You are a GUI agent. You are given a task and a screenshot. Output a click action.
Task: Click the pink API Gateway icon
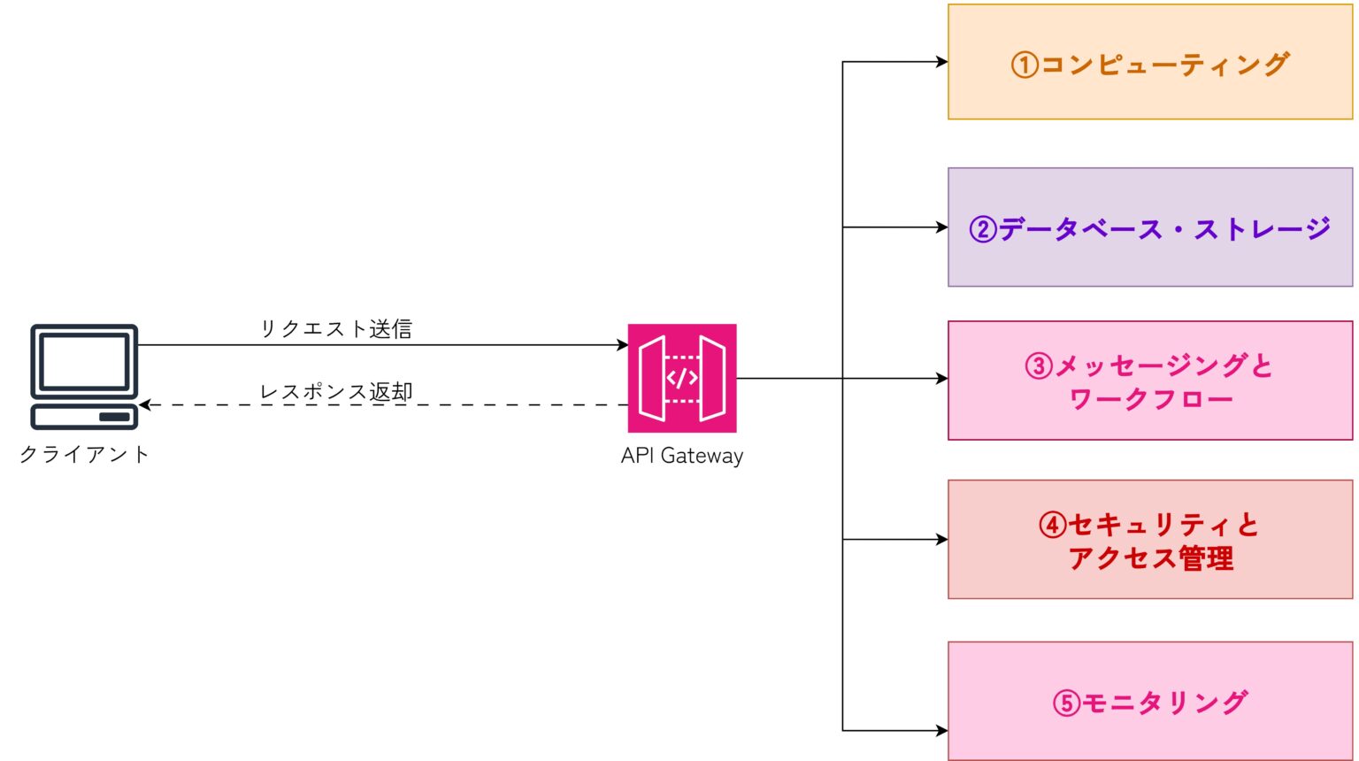coord(681,378)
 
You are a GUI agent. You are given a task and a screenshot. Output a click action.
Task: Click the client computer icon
coord(84,376)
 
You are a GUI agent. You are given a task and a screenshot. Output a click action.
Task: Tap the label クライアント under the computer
coord(84,454)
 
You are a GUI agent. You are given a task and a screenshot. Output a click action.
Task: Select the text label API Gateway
coord(681,456)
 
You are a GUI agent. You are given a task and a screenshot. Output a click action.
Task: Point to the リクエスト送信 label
coord(335,329)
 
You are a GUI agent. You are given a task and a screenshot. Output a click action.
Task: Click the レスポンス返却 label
coord(335,392)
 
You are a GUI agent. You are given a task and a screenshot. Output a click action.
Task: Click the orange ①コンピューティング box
coord(1149,62)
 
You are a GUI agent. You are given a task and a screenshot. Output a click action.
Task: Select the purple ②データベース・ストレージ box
coord(1149,227)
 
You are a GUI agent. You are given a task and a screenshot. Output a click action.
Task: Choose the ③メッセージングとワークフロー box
coord(1149,380)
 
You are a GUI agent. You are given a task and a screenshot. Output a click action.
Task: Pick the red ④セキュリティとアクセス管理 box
coord(1149,540)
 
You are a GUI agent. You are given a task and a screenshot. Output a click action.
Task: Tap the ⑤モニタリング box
coord(1149,702)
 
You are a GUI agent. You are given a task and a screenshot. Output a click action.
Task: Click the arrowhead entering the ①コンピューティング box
coord(942,62)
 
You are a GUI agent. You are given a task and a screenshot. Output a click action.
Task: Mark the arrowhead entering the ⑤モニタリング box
coord(942,731)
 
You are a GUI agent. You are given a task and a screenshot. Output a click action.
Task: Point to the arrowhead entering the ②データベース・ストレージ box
coord(942,227)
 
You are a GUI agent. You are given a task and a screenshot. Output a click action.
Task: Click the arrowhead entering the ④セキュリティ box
coord(942,539)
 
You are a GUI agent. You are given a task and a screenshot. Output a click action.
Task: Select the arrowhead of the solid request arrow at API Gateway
coord(623,345)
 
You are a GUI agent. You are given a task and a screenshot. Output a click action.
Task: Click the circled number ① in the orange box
coord(1025,65)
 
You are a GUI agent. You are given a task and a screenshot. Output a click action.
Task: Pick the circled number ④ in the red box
coord(1052,525)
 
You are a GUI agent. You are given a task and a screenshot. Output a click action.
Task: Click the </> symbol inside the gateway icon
coord(682,378)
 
